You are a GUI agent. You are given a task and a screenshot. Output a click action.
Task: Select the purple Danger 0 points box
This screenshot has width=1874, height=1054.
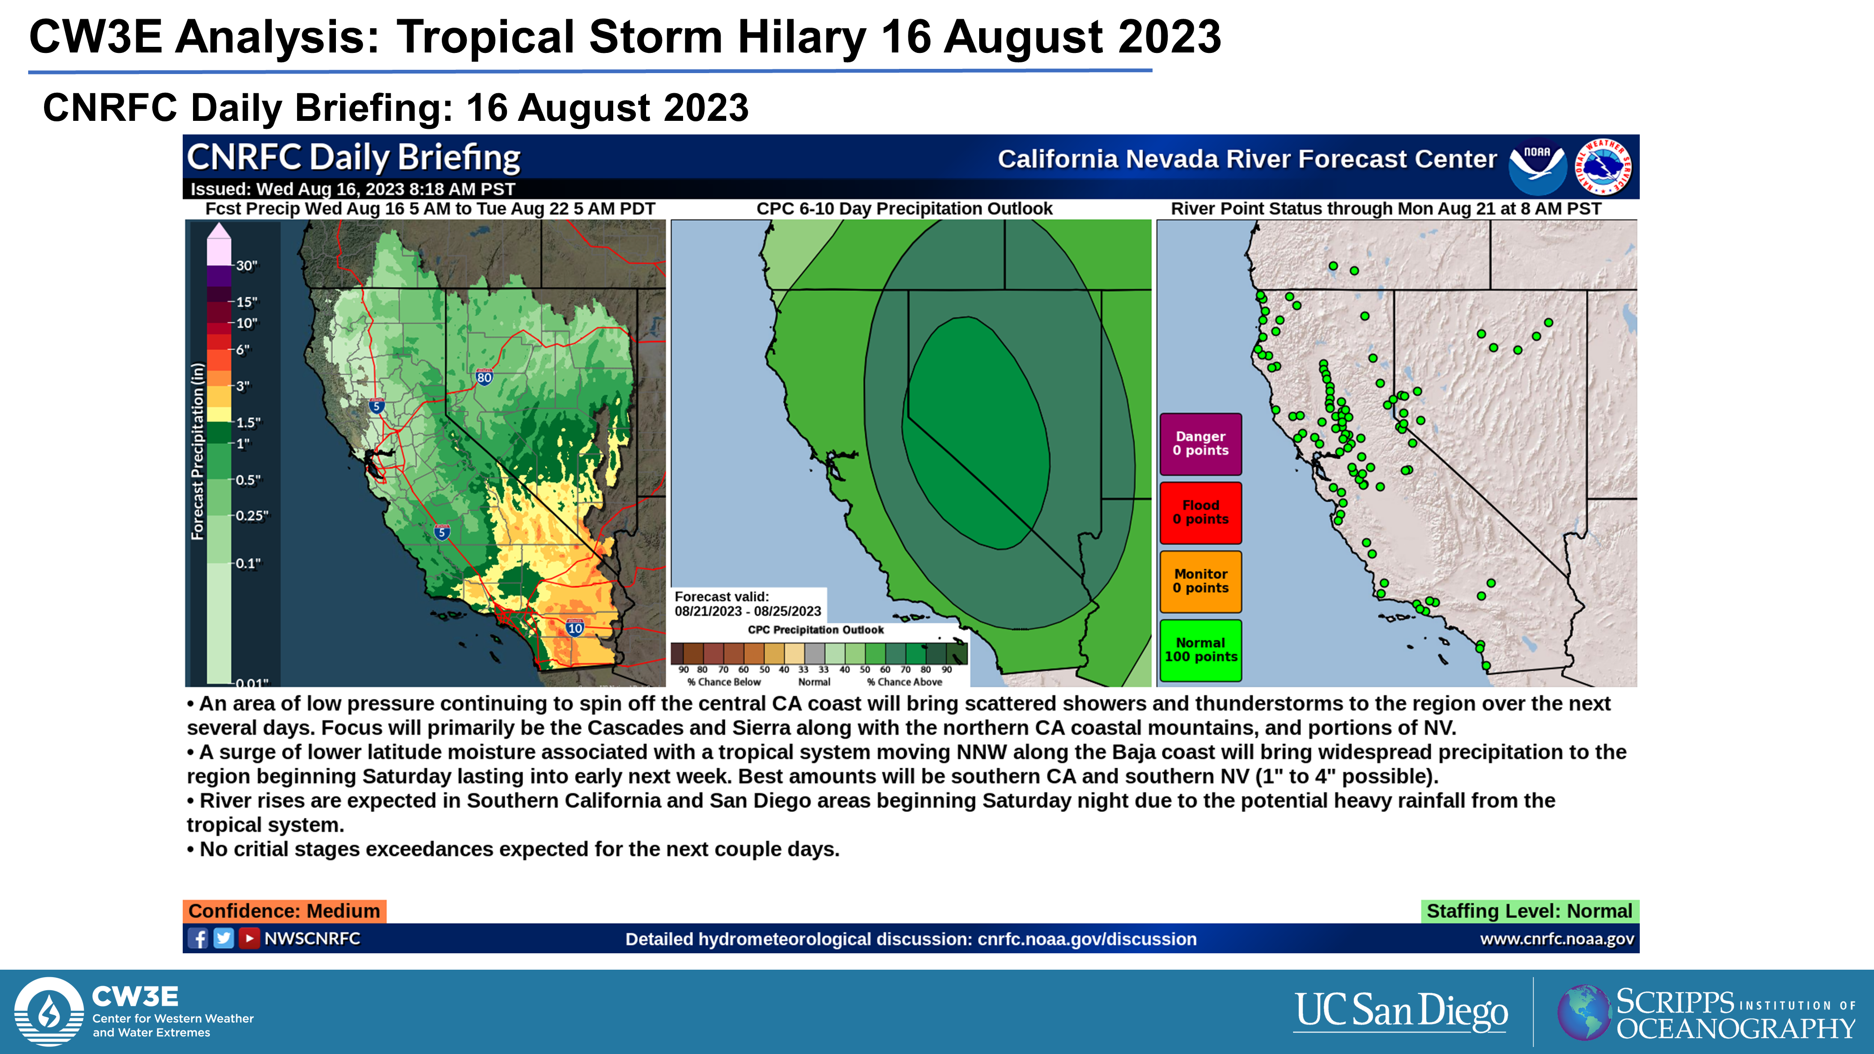pos(1200,444)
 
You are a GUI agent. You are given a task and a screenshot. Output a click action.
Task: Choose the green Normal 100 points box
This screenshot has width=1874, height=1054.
pos(1200,650)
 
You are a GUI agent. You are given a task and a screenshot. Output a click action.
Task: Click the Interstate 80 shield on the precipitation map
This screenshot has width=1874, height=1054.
pos(484,377)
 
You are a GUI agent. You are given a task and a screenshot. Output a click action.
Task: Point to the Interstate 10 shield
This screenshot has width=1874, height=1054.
pos(575,627)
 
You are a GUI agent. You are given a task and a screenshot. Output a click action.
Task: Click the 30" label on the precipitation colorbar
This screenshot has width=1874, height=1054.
pos(246,266)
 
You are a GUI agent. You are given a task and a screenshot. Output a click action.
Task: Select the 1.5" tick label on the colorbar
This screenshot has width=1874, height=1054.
pos(248,423)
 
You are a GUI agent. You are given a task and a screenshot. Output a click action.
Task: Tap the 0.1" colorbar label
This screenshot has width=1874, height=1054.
pos(248,563)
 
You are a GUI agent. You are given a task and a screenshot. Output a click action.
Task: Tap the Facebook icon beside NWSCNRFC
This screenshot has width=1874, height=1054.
pos(198,938)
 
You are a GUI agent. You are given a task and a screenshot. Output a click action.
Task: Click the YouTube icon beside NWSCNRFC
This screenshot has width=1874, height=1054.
pos(249,938)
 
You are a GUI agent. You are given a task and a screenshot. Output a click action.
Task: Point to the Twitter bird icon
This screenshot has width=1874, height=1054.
pos(223,938)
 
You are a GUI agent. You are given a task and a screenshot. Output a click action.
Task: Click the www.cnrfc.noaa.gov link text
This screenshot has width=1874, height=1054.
pos(1557,939)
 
